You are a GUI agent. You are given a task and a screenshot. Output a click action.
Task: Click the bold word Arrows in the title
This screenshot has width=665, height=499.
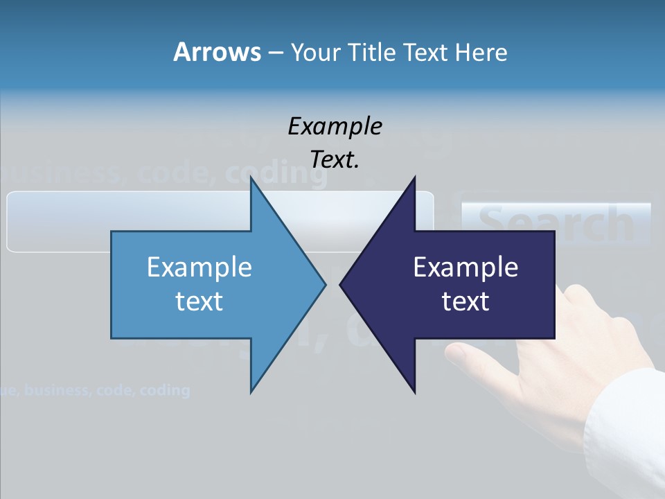pyautogui.click(x=217, y=53)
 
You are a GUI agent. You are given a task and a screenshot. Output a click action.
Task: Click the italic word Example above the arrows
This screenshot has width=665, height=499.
pyautogui.click(x=335, y=127)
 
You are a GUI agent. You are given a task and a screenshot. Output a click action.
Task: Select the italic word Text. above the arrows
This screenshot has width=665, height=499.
pyautogui.click(x=335, y=160)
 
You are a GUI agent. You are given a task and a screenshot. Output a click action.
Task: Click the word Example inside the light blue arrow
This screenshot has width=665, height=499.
pyautogui.click(x=199, y=268)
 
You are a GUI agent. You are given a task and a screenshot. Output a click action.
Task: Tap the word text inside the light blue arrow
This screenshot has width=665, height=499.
pyautogui.click(x=199, y=301)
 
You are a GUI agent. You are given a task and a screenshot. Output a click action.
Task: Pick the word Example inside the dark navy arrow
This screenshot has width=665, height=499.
pyautogui.click(x=465, y=268)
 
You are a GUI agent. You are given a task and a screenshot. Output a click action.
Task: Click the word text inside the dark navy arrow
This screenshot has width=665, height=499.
pyautogui.click(x=465, y=301)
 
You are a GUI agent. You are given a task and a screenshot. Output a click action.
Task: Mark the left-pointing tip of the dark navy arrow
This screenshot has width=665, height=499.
pyautogui.click(x=341, y=284)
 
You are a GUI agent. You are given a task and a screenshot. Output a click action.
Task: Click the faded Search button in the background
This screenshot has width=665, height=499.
pyautogui.click(x=556, y=224)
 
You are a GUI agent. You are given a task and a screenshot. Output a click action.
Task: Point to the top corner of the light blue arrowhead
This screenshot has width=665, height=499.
pyautogui.click(x=251, y=177)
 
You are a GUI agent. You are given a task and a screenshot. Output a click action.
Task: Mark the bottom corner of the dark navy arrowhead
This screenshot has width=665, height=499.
pyautogui.click(x=414, y=392)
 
